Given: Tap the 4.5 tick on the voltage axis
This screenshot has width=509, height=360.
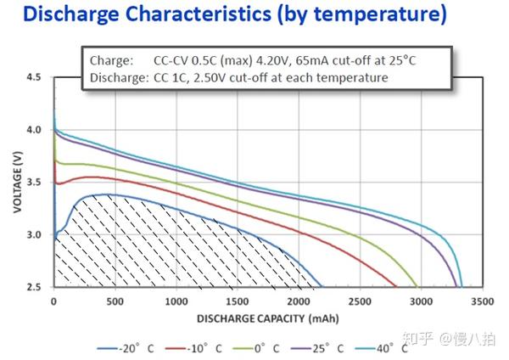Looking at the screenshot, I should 33,77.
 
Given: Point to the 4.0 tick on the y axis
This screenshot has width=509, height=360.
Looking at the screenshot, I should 33,130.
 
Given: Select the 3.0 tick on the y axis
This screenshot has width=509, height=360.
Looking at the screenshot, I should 33,234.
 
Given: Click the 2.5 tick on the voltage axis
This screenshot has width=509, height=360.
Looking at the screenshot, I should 33,287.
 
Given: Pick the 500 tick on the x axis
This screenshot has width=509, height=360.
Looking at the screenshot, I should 115,301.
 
